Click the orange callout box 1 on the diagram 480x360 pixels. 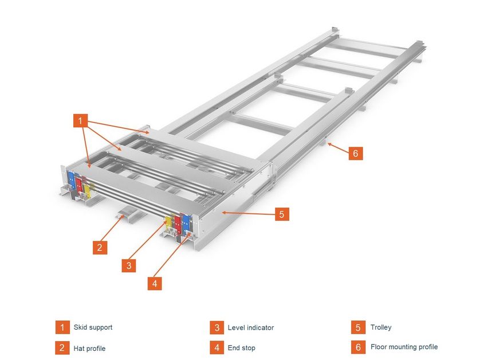coord(80,121)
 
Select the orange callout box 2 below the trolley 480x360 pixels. coord(100,247)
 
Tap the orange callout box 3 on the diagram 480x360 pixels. coord(129,265)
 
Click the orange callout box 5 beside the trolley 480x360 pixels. coord(282,214)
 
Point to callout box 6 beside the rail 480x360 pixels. coord(355,153)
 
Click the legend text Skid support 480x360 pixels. coord(93,327)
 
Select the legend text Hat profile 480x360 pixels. coord(89,348)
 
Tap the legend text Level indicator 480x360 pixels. coord(250,327)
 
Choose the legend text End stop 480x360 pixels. coord(241,347)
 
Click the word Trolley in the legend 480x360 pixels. coord(381,327)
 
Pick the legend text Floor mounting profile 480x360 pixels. coord(404,347)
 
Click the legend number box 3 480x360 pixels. coord(217,327)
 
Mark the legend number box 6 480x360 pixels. coord(358,347)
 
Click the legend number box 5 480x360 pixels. coord(358,327)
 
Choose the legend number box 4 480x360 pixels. coord(217,347)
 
